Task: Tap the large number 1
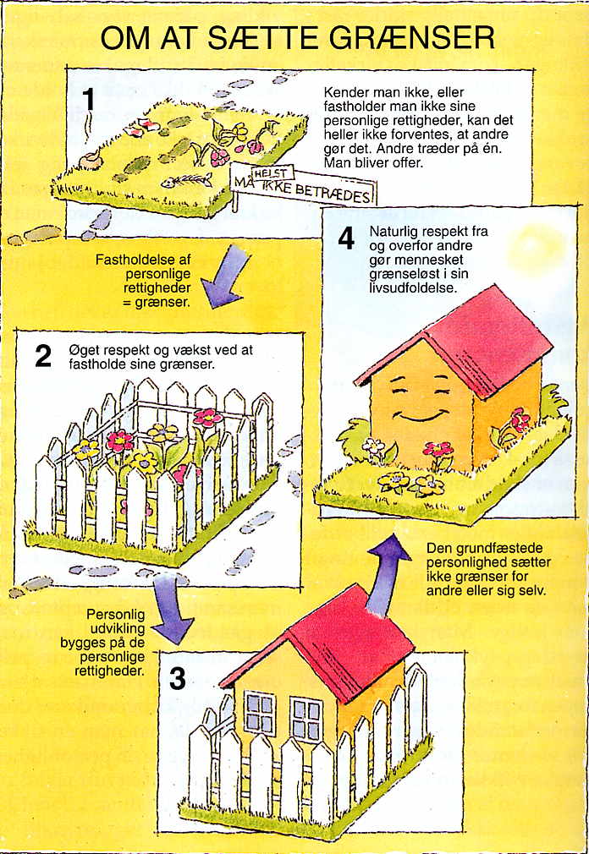[x=88, y=100]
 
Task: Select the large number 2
[x=43, y=356]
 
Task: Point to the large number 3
[x=178, y=679]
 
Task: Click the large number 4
[x=346, y=238]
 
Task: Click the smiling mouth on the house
[x=418, y=417]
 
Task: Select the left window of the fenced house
[x=260, y=712]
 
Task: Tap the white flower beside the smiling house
[x=374, y=445]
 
